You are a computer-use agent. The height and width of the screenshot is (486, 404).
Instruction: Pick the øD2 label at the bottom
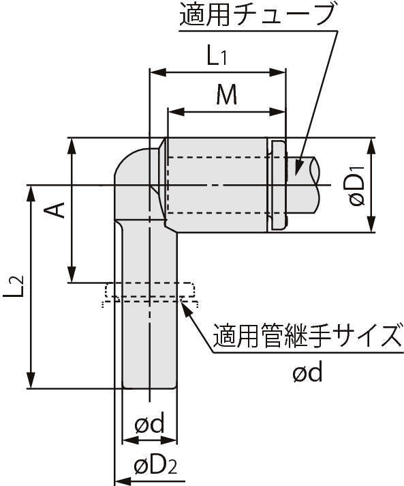tap(155, 468)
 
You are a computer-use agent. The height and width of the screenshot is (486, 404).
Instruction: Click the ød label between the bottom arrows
tap(149, 425)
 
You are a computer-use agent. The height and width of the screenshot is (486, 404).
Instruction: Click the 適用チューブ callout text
tap(258, 16)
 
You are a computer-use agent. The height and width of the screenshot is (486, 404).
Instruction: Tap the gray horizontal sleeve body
tap(216, 184)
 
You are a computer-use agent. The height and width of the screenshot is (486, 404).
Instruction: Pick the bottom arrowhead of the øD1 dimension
tap(372, 227)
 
